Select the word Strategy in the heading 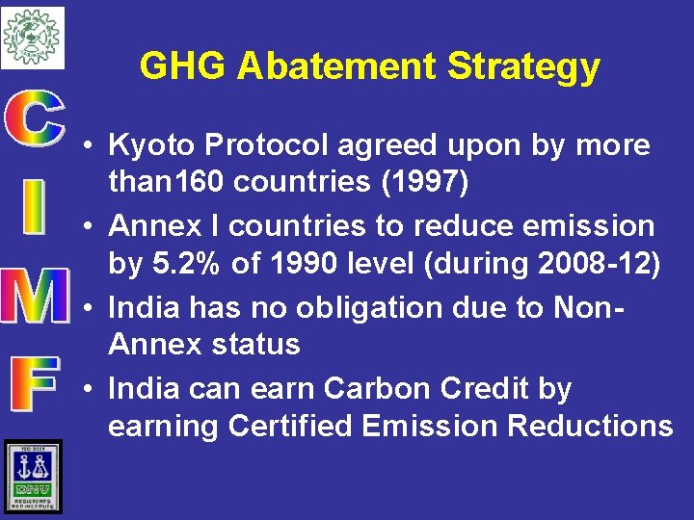[x=523, y=67]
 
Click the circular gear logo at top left [x=32, y=37]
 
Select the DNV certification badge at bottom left [x=32, y=477]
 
